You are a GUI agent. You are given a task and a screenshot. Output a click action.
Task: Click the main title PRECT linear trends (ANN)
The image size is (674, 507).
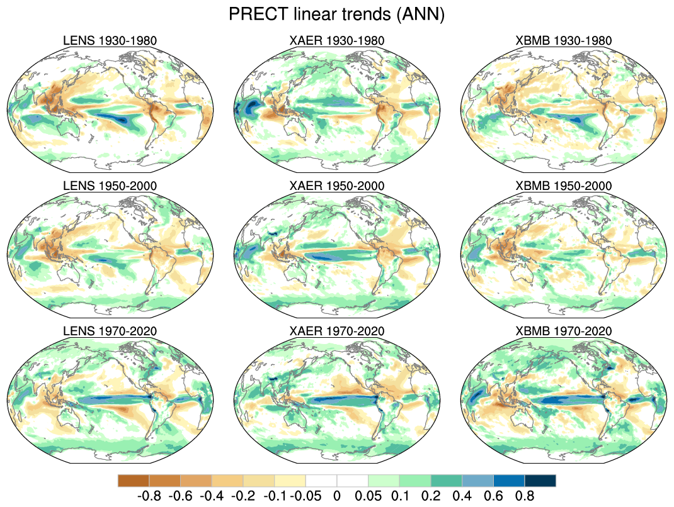click(337, 14)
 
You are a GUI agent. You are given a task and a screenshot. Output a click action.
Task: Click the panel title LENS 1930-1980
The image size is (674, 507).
click(110, 41)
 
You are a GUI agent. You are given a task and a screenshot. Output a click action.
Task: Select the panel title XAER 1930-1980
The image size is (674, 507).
click(337, 41)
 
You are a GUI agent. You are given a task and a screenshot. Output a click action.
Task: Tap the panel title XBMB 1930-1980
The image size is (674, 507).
click(564, 41)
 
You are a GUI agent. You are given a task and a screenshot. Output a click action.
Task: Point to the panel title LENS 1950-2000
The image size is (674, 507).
click(110, 186)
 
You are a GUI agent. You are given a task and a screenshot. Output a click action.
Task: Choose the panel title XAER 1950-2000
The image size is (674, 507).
click(337, 186)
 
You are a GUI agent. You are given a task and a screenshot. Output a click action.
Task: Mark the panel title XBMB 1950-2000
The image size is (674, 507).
click(564, 186)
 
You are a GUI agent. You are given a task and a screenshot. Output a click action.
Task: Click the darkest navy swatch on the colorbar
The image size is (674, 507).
click(540, 481)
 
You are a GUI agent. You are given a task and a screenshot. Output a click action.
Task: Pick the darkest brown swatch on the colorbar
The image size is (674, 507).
click(134, 481)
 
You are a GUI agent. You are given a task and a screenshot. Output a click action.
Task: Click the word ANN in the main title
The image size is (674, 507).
click(422, 14)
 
